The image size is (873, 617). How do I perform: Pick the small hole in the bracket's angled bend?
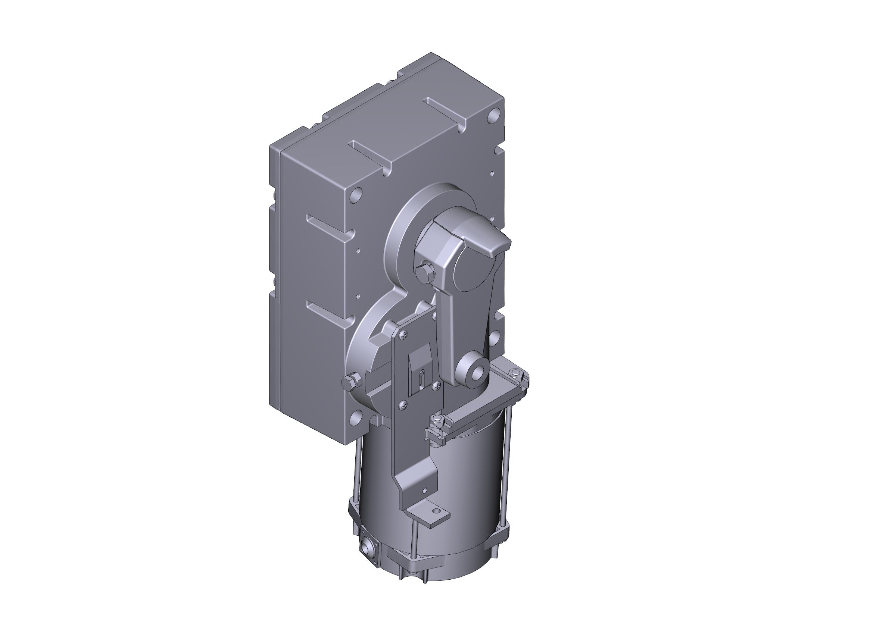(425, 490)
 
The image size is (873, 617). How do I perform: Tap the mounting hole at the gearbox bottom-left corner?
(356, 417)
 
